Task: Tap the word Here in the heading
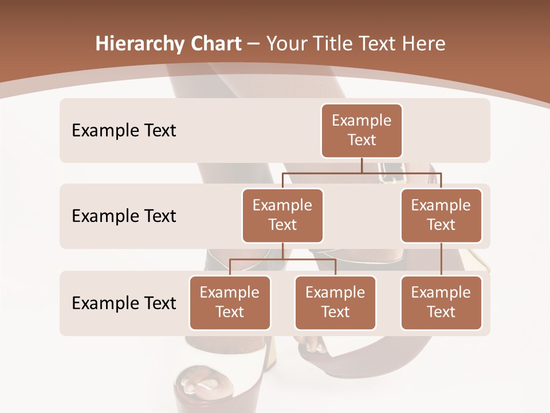tap(423, 44)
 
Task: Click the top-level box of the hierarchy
tap(362, 130)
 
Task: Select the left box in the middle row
tap(282, 215)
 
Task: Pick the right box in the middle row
tap(441, 215)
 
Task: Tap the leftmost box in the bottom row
tap(230, 302)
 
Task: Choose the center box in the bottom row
tap(335, 302)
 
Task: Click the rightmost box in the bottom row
tap(441, 302)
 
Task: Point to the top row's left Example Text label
tap(124, 130)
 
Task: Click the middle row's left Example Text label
tap(124, 216)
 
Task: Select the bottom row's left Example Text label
tap(124, 303)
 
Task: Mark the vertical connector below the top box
tap(362, 165)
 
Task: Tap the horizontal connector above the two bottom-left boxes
tap(282, 259)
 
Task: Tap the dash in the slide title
tap(254, 44)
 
